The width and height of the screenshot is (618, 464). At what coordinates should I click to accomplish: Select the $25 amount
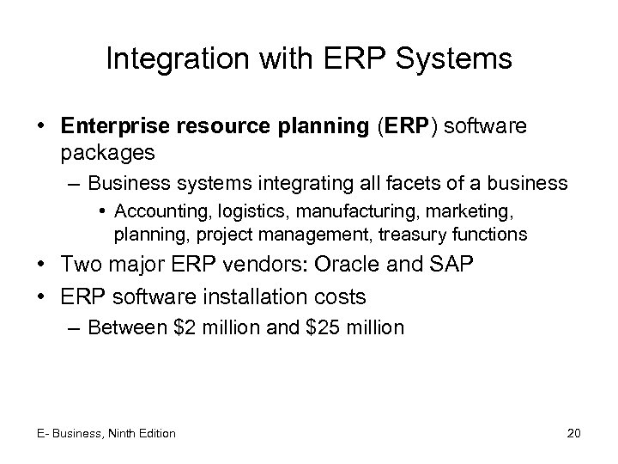321,327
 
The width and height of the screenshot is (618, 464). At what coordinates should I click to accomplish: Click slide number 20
573,433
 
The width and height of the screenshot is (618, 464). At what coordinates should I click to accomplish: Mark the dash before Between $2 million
76,327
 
